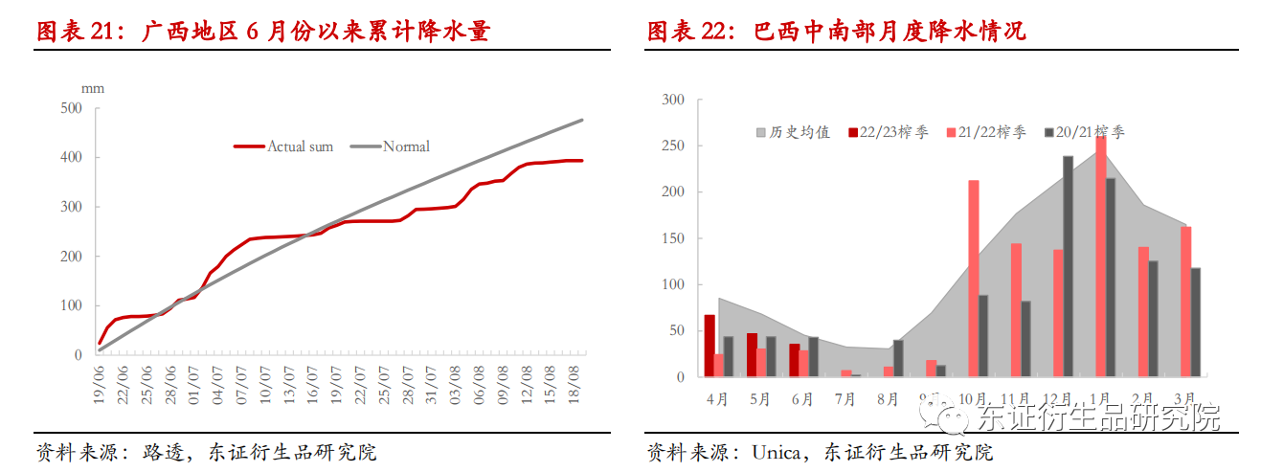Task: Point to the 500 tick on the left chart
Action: (x=71, y=108)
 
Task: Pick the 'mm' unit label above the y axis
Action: (x=92, y=88)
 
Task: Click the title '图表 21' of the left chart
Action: (x=75, y=32)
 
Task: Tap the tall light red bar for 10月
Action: (x=974, y=279)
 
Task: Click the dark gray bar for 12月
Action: (x=1068, y=266)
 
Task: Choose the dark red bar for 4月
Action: (x=709, y=346)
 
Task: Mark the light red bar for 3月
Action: (x=1185, y=302)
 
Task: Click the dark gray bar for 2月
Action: (x=1153, y=319)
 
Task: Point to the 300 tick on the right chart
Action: (x=674, y=100)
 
